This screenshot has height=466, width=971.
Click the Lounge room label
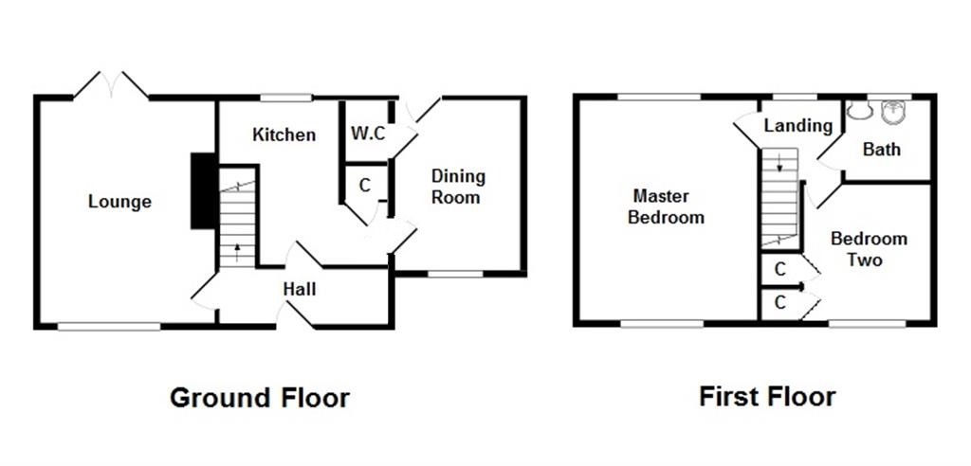click(119, 202)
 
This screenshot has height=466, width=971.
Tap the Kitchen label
click(284, 134)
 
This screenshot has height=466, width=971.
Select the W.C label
click(368, 134)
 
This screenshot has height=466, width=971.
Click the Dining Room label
click(457, 187)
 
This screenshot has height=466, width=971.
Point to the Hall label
click(299, 289)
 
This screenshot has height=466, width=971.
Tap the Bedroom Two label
click(869, 248)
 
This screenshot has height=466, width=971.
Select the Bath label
click(881, 150)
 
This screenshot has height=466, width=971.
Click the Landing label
click(797, 125)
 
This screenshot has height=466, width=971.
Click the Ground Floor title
click(259, 397)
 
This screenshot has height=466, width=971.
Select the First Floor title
click(767, 395)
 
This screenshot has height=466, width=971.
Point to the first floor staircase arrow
click(779, 163)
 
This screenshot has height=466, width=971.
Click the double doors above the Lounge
click(112, 85)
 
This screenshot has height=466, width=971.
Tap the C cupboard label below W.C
click(364, 185)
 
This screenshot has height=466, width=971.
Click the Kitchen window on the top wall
click(286, 97)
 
